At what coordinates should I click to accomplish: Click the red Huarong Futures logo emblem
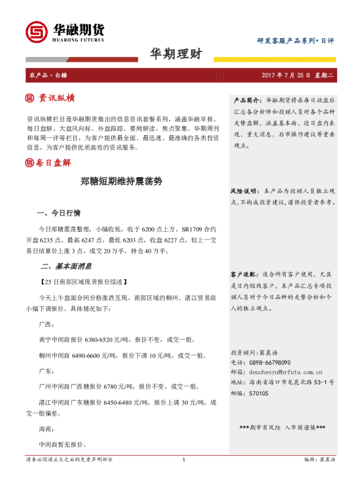click(36, 31)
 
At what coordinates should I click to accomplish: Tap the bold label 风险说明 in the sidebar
click(245, 191)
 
